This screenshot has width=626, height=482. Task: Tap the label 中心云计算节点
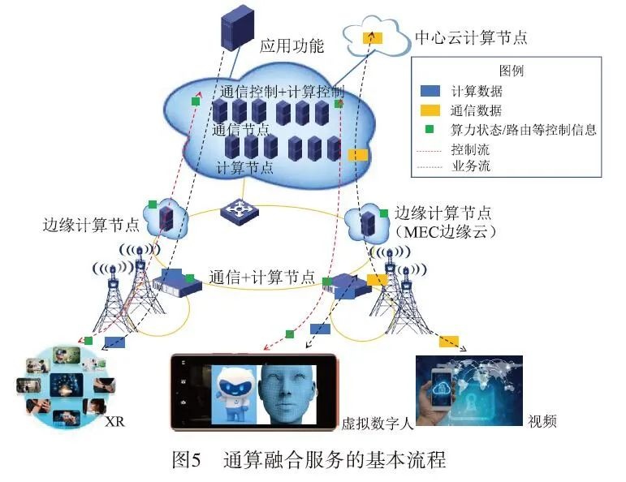coord(471,37)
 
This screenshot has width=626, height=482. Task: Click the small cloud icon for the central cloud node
coord(373,36)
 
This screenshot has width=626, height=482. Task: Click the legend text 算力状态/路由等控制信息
coord(524,129)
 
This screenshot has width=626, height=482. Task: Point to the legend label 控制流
coord(470,149)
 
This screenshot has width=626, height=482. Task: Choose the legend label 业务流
coord(470,167)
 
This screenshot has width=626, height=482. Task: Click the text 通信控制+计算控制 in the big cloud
coord(281,91)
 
